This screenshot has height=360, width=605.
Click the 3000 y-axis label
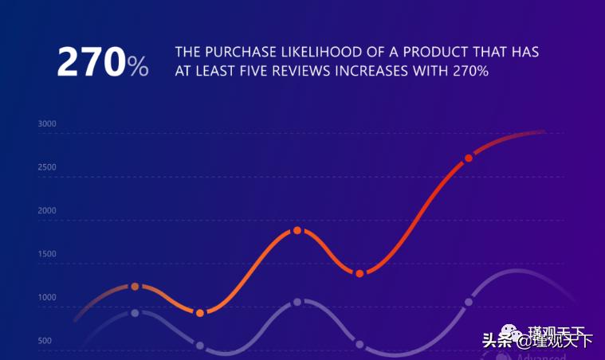coord(47,124)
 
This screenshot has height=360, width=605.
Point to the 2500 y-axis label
coord(47,167)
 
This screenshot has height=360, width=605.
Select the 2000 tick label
coord(47,211)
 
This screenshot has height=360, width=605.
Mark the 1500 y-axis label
coord(47,254)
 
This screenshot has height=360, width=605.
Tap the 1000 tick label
coord(47,298)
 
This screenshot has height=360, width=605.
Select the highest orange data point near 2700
coord(469,158)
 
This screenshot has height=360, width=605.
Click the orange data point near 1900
coord(297,230)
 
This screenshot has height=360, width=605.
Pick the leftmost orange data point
coord(135,286)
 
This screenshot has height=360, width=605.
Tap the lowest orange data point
coord(200,313)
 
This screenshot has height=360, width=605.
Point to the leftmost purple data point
coord(135,313)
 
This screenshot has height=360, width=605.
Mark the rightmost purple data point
coord(469,302)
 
